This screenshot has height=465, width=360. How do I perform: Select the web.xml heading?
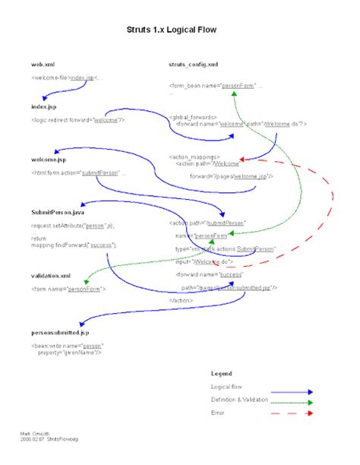point(43,66)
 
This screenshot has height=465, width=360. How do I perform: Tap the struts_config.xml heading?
point(195,66)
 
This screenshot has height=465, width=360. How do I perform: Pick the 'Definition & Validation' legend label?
point(241,400)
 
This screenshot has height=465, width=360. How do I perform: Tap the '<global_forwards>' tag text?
point(194,118)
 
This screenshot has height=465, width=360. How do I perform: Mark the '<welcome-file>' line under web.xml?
point(67,77)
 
